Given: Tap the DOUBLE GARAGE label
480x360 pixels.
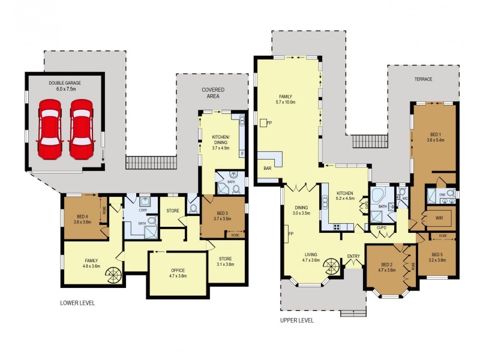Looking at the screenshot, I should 65,83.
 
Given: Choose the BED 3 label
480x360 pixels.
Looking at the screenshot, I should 222,214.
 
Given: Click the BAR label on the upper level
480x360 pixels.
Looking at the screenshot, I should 267,169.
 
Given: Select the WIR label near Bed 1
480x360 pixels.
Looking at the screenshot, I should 440,219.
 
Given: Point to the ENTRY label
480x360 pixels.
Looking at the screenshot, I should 353,257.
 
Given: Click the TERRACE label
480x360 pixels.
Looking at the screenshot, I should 422,79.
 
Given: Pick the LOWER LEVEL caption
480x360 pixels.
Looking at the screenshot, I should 77,303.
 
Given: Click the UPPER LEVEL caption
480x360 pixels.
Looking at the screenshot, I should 297,320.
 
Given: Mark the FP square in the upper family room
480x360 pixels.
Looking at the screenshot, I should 263,122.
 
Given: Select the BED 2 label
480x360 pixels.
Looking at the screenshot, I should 388,265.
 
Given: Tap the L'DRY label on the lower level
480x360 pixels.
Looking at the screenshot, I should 143,209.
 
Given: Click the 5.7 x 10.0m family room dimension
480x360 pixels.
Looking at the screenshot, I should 286,102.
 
